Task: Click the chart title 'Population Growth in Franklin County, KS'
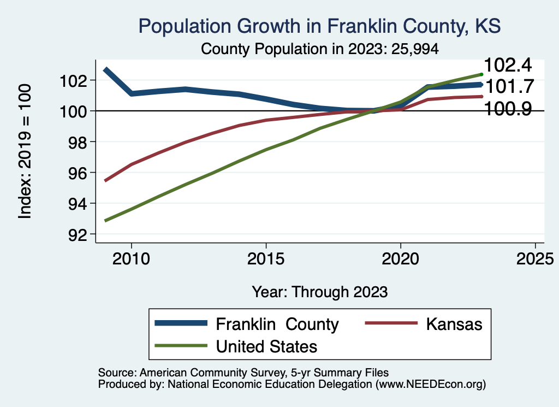click(x=319, y=26)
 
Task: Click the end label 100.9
click(x=508, y=109)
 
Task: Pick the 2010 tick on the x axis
click(x=131, y=257)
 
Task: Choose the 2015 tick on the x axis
click(x=266, y=257)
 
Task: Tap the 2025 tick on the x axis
click(x=535, y=257)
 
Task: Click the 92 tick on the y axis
click(x=73, y=234)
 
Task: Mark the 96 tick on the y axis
click(x=73, y=173)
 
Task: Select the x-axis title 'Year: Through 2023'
click(x=319, y=292)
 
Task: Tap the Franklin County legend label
click(x=277, y=324)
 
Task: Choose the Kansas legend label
click(x=454, y=324)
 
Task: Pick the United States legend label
click(x=266, y=346)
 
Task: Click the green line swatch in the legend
click(x=181, y=346)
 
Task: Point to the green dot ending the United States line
click(x=481, y=74)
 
